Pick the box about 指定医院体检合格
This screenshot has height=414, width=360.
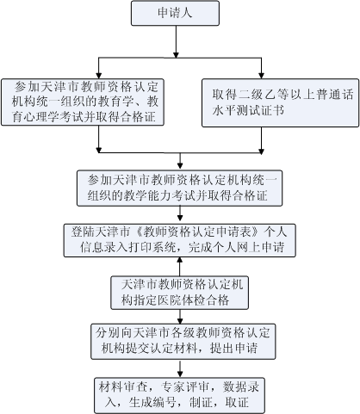(178, 292)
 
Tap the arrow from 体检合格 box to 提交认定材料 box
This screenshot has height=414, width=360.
(178, 316)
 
